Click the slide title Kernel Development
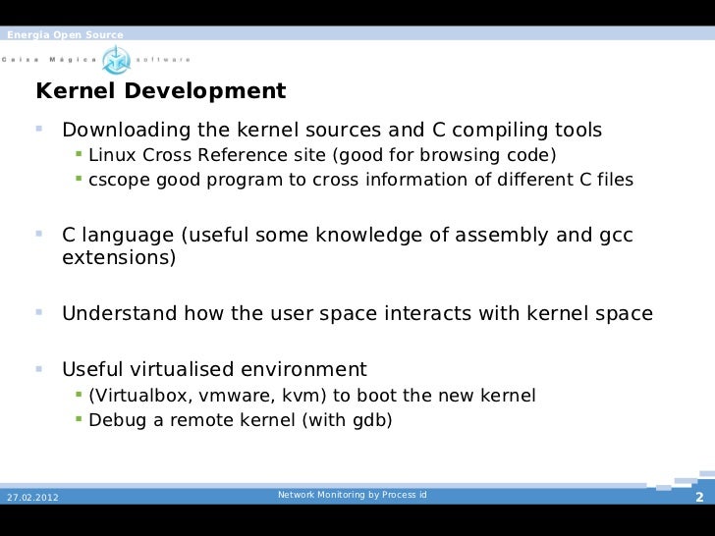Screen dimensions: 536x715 click(x=160, y=92)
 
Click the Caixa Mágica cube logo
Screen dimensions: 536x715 click(x=117, y=58)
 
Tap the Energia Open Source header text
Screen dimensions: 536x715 click(x=65, y=36)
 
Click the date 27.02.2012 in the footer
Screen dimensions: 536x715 click(x=32, y=498)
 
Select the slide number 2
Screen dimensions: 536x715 click(x=699, y=498)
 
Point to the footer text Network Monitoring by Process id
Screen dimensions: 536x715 click(x=353, y=495)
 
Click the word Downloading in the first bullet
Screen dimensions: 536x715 click(x=128, y=132)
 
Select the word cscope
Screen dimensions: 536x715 click(x=114, y=181)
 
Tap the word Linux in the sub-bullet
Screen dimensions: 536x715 click(x=109, y=156)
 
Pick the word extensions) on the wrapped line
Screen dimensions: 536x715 click(x=119, y=259)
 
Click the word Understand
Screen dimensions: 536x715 click(x=120, y=315)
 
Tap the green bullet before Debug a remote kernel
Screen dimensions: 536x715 click(x=79, y=420)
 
